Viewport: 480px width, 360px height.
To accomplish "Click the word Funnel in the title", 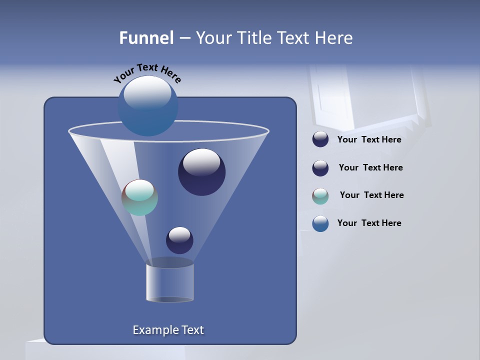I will click(146, 38).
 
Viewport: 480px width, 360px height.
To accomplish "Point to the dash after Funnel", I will click(184, 38).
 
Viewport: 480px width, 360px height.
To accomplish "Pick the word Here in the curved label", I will click(170, 75).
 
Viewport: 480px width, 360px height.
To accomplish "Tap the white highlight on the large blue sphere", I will click(147, 91).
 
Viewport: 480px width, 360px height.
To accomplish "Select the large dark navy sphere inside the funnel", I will click(202, 172).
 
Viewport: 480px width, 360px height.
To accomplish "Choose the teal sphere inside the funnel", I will click(140, 198).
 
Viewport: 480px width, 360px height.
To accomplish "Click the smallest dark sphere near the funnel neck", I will click(179, 240).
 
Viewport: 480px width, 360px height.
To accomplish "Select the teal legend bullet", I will click(320, 196).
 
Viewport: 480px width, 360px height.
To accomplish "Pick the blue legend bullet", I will click(320, 223).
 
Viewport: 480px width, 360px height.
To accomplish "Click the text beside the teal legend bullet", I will click(371, 195).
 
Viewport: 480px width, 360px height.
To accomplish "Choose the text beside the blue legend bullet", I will click(369, 223).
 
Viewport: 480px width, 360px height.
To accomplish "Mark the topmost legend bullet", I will click(320, 139).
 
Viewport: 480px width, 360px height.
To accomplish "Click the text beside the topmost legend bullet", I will click(369, 139).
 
